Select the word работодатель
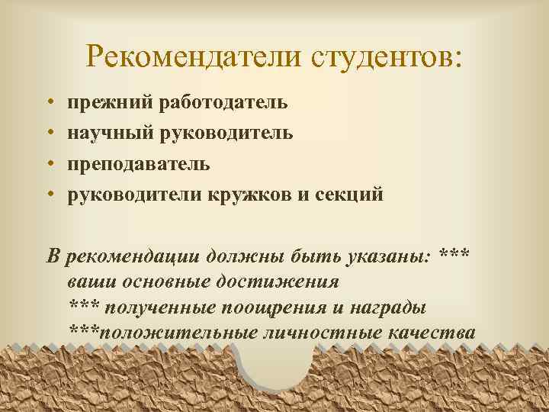pyautogui.click(x=220, y=102)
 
